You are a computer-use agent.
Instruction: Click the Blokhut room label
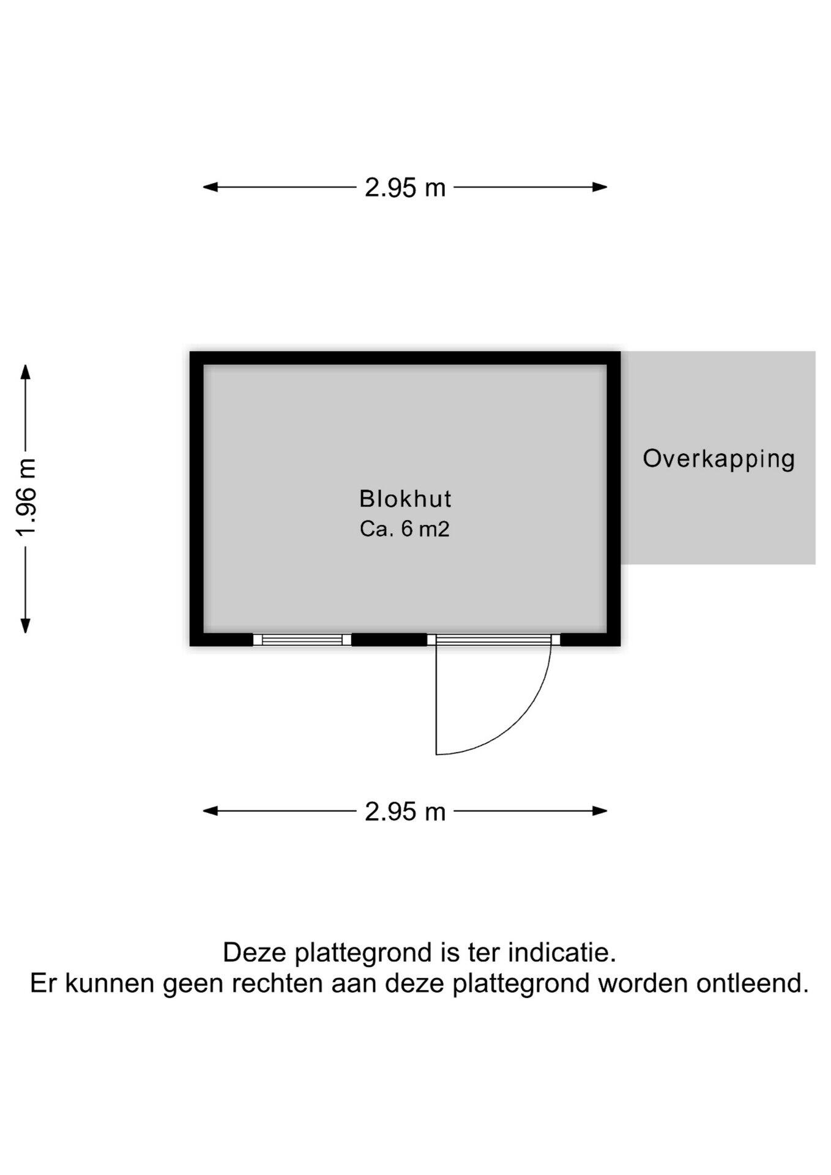click(x=405, y=499)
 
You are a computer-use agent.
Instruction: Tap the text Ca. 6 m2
click(x=404, y=529)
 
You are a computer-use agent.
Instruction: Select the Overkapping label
click(x=718, y=458)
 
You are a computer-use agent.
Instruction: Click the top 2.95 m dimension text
click(x=405, y=187)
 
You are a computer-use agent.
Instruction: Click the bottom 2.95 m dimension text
click(x=405, y=811)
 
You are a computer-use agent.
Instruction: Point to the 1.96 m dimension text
click(x=26, y=497)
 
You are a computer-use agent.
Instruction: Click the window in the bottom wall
click(x=302, y=640)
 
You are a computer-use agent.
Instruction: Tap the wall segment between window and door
click(x=389, y=640)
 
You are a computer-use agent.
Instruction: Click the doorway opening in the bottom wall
click(x=493, y=640)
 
